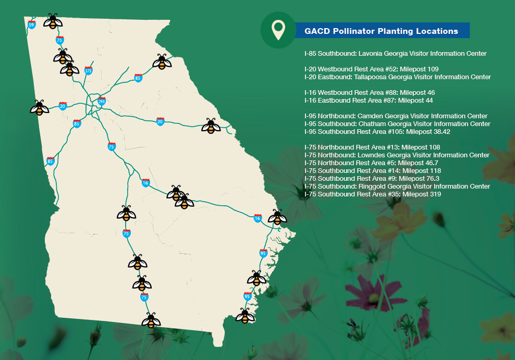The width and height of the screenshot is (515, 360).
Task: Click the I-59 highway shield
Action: pyautogui.click(x=32, y=24)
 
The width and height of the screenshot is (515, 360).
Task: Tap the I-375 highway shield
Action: pyautogui.click(x=89, y=71)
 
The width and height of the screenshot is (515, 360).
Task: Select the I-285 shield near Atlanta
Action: pyautogui.click(x=102, y=102)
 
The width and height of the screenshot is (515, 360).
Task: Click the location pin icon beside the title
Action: pyautogui.click(x=279, y=30)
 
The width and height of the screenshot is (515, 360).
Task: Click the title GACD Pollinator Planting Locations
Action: pyautogui.click(x=383, y=31)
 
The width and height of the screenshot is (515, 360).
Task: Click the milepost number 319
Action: pyautogui.click(x=435, y=194)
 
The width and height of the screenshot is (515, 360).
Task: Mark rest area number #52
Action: pyautogui.click(x=388, y=69)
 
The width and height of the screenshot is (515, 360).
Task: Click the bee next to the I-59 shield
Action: pyautogui.click(x=53, y=21)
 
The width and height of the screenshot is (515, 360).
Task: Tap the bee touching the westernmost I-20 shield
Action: pyautogui.click(x=40, y=108)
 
